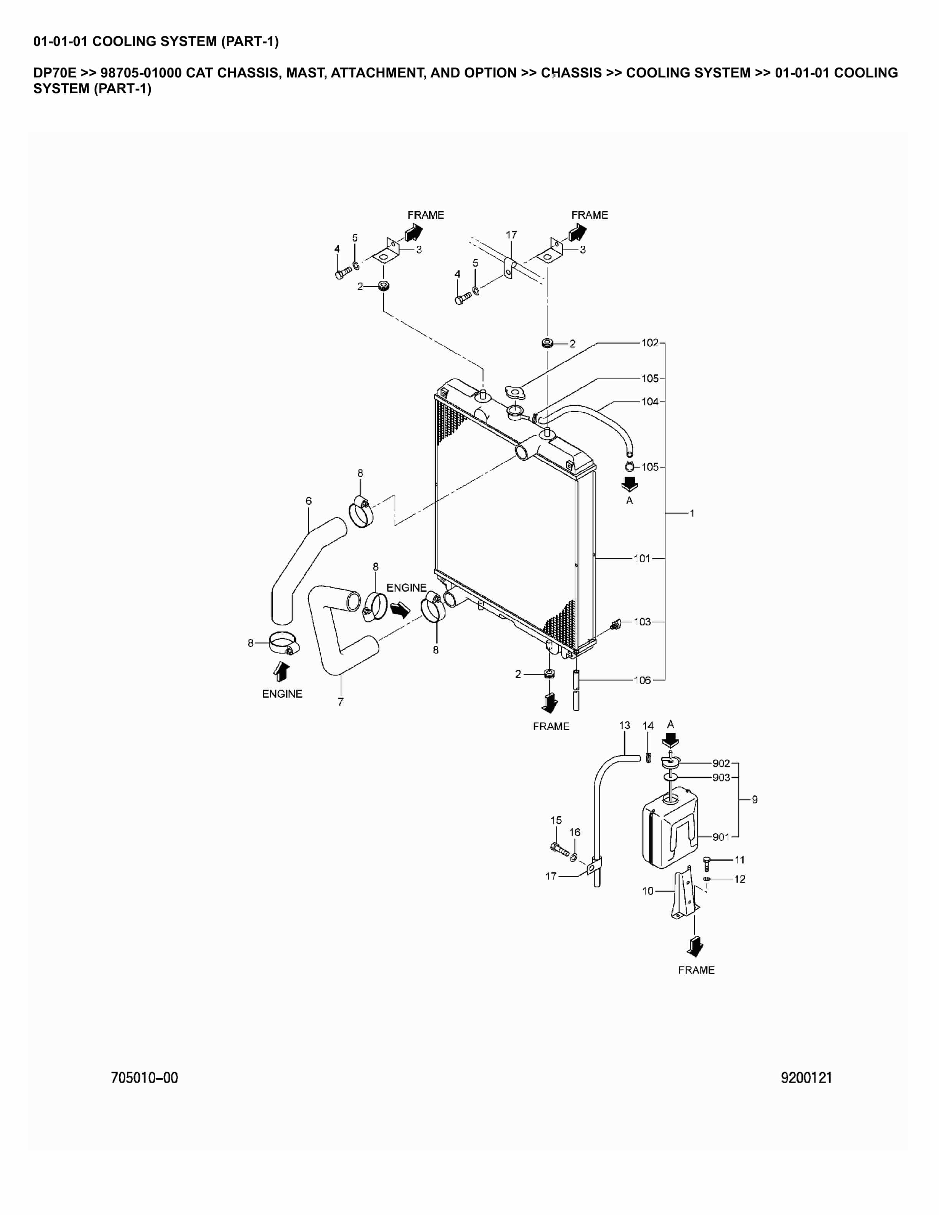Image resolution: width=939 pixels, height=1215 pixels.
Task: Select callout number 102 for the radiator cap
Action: click(650, 343)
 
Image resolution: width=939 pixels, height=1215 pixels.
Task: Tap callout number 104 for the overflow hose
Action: click(650, 401)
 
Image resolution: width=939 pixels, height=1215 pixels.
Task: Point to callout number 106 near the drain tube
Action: click(642, 680)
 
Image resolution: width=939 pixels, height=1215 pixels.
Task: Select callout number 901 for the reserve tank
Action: click(720, 837)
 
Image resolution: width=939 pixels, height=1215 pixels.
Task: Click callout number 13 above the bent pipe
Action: click(625, 726)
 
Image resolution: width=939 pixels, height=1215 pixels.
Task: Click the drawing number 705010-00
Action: click(145, 1078)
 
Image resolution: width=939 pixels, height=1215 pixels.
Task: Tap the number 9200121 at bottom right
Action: click(806, 1078)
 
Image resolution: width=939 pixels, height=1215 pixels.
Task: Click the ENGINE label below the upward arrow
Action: click(282, 694)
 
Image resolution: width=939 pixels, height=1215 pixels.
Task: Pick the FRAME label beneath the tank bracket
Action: click(696, 970)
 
